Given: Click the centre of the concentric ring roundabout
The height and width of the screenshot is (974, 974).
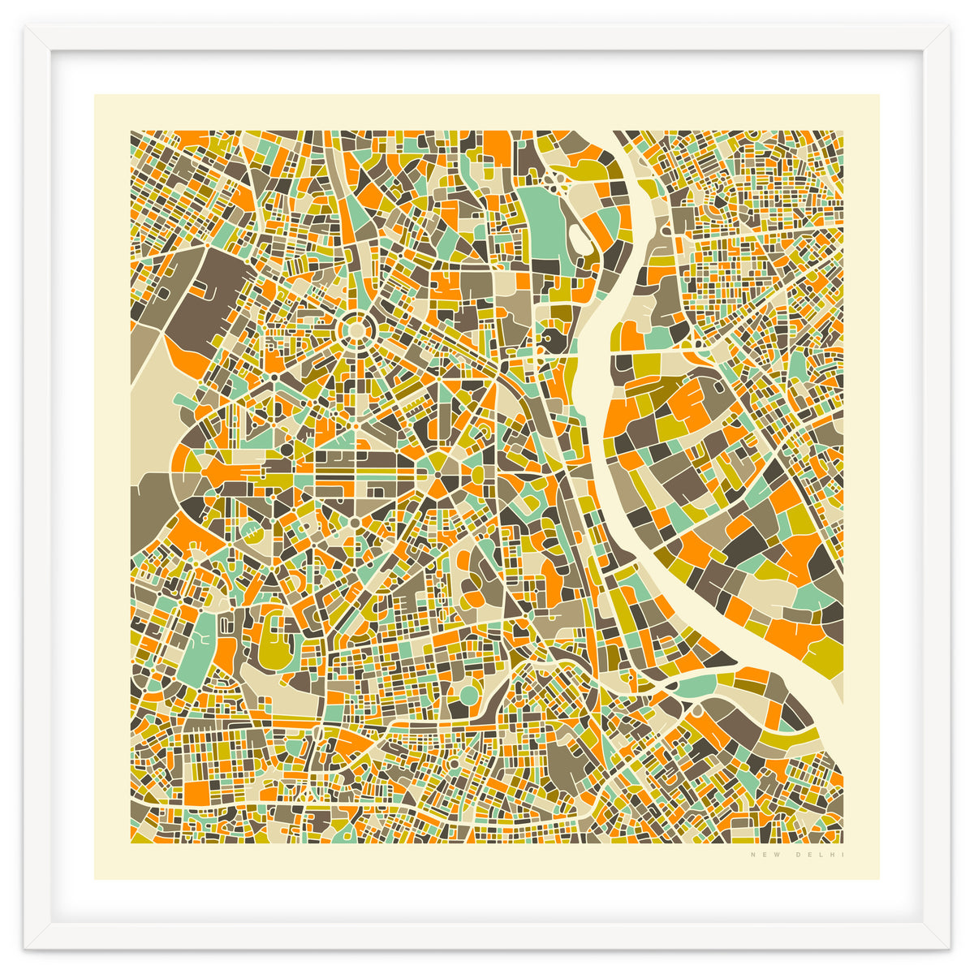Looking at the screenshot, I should (x=355, y=330).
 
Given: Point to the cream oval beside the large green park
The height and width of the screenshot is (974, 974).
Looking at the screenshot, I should (x=579, y=238).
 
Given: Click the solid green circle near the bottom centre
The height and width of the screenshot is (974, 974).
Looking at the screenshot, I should (x=469, y=695).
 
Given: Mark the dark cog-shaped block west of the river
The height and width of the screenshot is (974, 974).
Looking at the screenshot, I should (x=554, y=338).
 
